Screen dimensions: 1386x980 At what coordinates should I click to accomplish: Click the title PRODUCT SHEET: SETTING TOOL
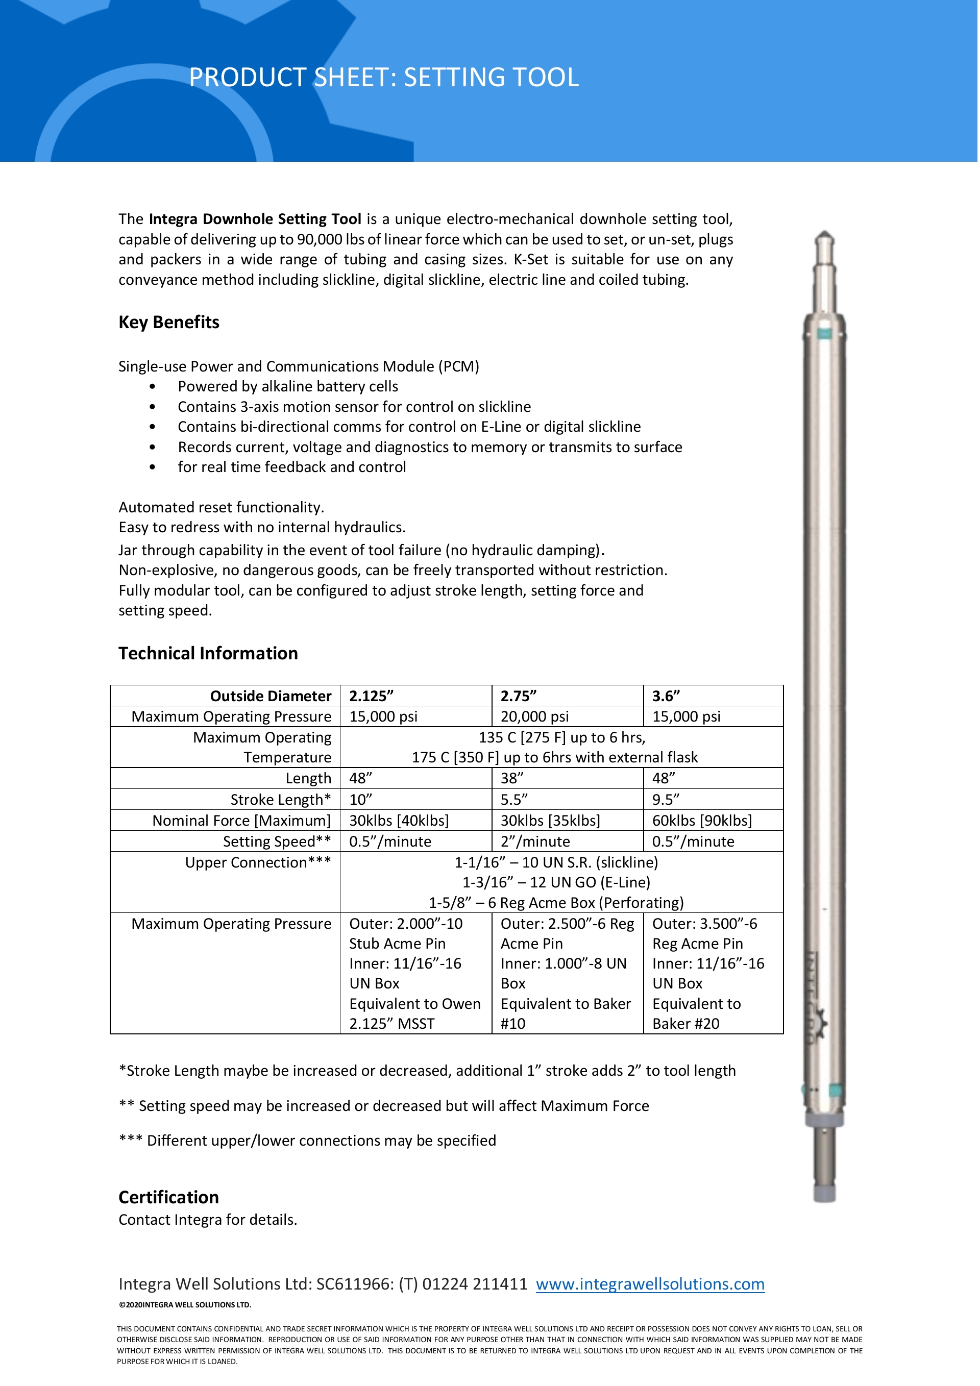click(383, 77)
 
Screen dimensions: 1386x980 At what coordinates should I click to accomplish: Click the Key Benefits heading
click(168, 323)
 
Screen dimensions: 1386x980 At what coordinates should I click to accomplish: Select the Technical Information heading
click(208, 653)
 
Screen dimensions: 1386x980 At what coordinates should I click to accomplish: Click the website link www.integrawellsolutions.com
click(650, 1284)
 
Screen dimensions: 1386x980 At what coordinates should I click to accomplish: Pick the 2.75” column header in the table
click(518, 696)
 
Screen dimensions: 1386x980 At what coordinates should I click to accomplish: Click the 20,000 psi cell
click(534, 716)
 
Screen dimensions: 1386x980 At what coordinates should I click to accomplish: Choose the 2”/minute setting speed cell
click(535, 841)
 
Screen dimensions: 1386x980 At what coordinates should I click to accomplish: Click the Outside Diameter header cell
click(271, 696)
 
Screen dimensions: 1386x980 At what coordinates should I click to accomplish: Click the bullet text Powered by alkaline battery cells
click(287, 386)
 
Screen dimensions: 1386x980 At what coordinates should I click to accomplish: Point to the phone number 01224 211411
click(475, 1284)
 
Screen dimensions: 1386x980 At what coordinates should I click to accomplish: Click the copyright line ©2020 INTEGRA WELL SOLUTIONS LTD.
click(185, 1304)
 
